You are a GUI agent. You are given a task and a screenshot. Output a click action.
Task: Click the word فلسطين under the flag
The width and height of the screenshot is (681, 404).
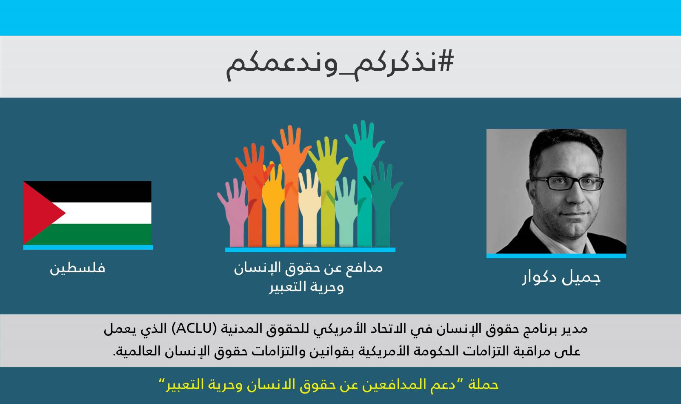pyautogui.click(x=77, y=268)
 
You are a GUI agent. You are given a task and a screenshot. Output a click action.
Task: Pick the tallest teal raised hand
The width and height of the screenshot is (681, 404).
pyautogui.click(x=364, y=183)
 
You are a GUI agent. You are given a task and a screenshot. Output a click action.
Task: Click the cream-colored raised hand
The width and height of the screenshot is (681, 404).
pyautogui.click(x=309, y=210)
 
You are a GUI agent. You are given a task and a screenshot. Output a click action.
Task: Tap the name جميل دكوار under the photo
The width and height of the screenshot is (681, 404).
pyautogui.click(x=561, y=278)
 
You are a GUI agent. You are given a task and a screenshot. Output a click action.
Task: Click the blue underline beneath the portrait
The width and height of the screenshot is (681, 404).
pyautogui.click(x=556, y=256)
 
